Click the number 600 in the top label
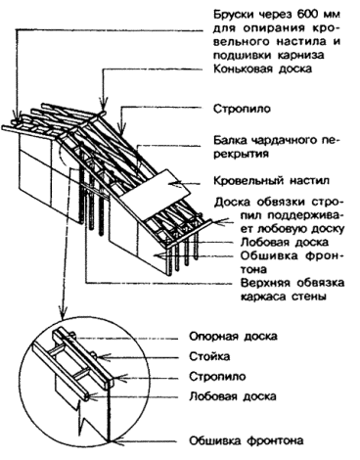coord(308,15)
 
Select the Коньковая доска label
coord(262,69)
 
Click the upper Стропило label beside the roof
coord(242,109)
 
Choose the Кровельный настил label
coord(271,180)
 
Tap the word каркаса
coord(262,297)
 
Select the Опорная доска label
coord(233,336)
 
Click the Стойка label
coord(209,356)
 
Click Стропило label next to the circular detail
coord(217,377)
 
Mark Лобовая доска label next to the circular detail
coord(233,396)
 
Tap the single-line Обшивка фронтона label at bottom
coord(247,441)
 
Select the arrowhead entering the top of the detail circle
coord(62,312)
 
